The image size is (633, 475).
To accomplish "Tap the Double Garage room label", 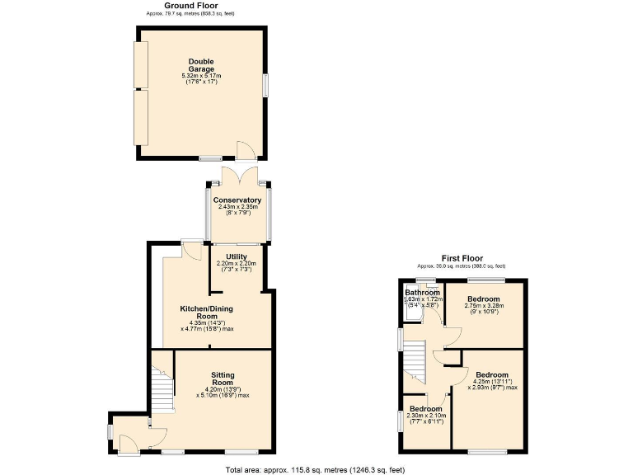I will [x=201, y=65].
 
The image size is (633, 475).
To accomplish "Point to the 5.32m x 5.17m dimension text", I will [x=201, y=77].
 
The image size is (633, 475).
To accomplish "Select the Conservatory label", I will [x=237, y=200].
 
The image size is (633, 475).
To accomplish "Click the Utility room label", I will [x=237, y=256].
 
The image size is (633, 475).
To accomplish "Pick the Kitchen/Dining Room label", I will [x=207, y=313].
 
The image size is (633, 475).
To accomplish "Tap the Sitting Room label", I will [x=223, y=379].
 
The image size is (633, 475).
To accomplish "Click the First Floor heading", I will [x=461, y=258].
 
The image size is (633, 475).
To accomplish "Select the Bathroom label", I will [x=421, y=293].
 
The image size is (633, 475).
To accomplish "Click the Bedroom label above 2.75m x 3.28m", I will [x=482, y=299].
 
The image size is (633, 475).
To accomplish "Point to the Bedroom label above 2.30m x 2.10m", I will [x=425, y=409].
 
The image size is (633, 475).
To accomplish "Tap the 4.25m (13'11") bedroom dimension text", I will [x=492, y=382].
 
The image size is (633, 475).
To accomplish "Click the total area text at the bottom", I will [x=316, y=469].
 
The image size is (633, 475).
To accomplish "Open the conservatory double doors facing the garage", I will [x=237, y=176].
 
